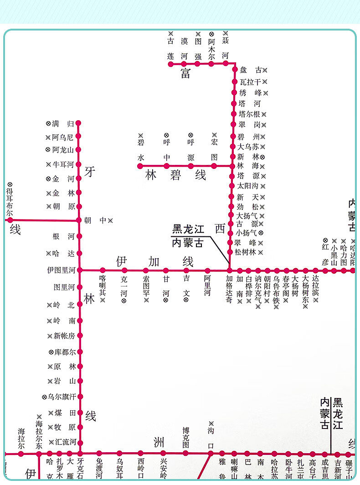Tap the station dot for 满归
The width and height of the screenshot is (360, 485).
coord(78,123)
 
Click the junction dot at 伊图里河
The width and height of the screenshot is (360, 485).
coord(80,270)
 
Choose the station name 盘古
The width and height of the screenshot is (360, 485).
coord(251,70)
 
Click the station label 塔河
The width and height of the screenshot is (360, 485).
coord(250,103)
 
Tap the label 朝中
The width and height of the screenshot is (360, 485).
coord(95,220)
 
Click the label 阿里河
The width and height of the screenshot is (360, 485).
coord(207,286)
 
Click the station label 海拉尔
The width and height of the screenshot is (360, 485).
coord(21,438)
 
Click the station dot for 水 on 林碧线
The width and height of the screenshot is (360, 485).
coord(140,166)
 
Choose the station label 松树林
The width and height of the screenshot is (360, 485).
coord(246,252)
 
